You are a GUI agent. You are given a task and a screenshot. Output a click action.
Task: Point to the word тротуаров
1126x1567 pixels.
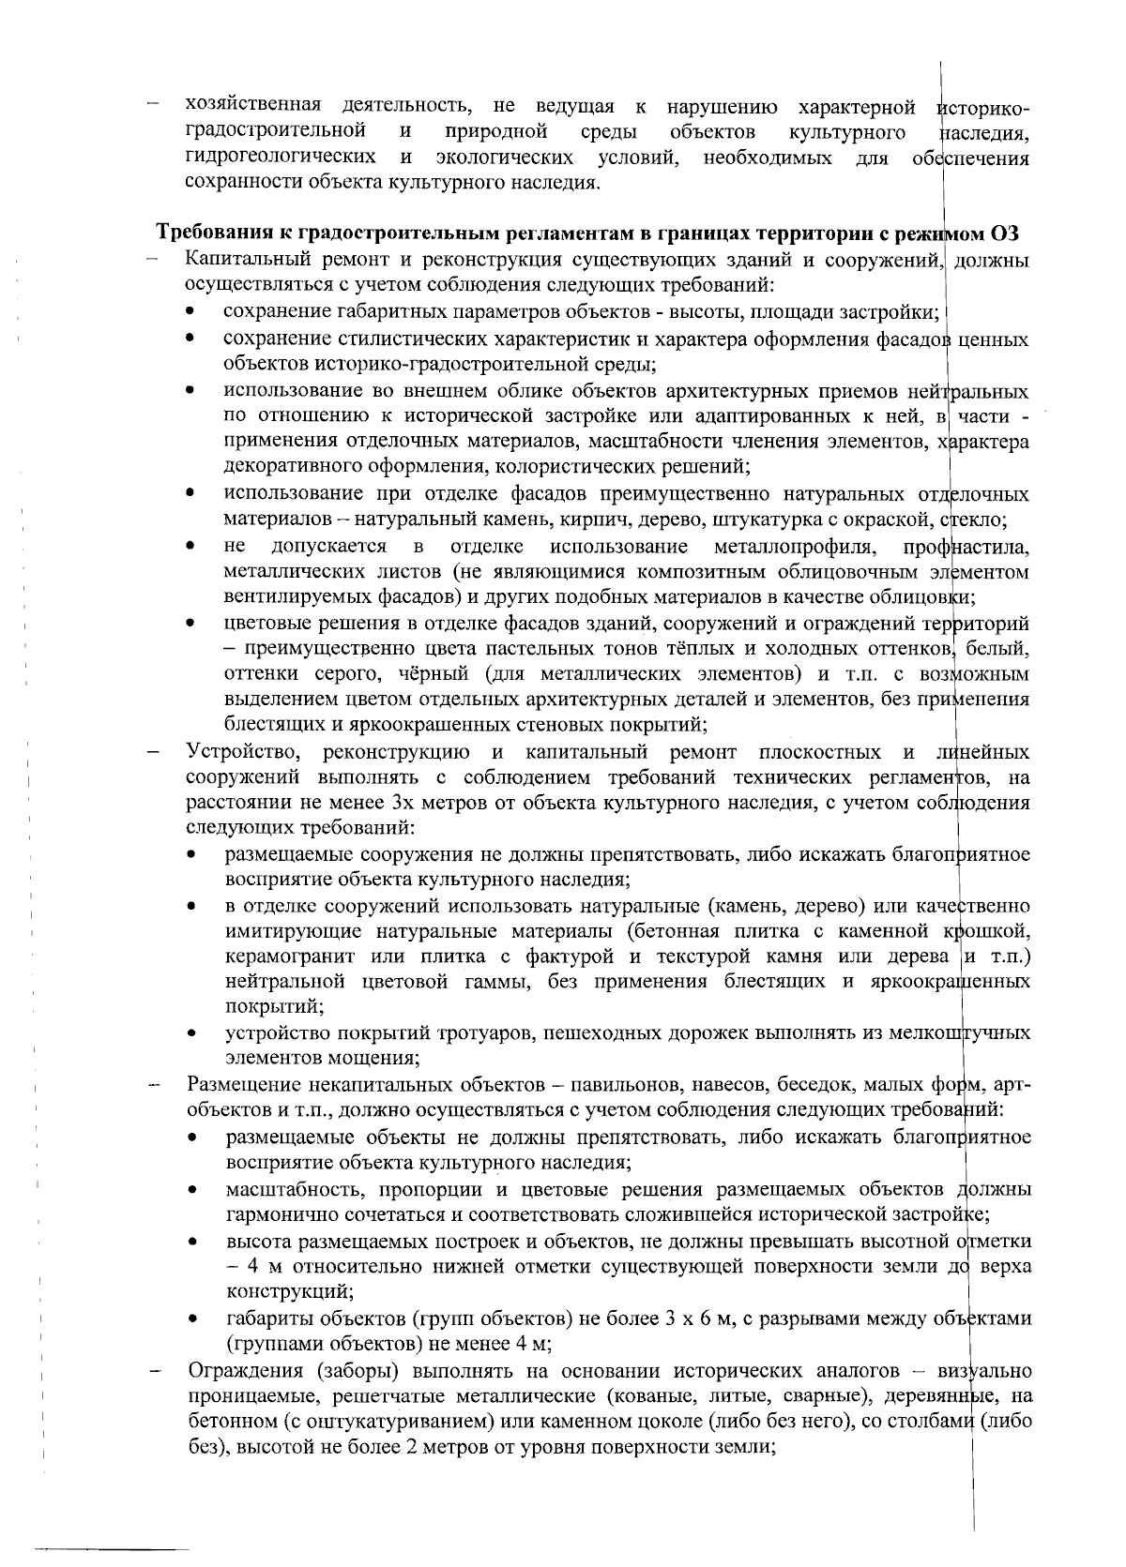click(x=441, y=1033)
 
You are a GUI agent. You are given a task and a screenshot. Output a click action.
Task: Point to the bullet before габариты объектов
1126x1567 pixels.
click(x=191, y=1319)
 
